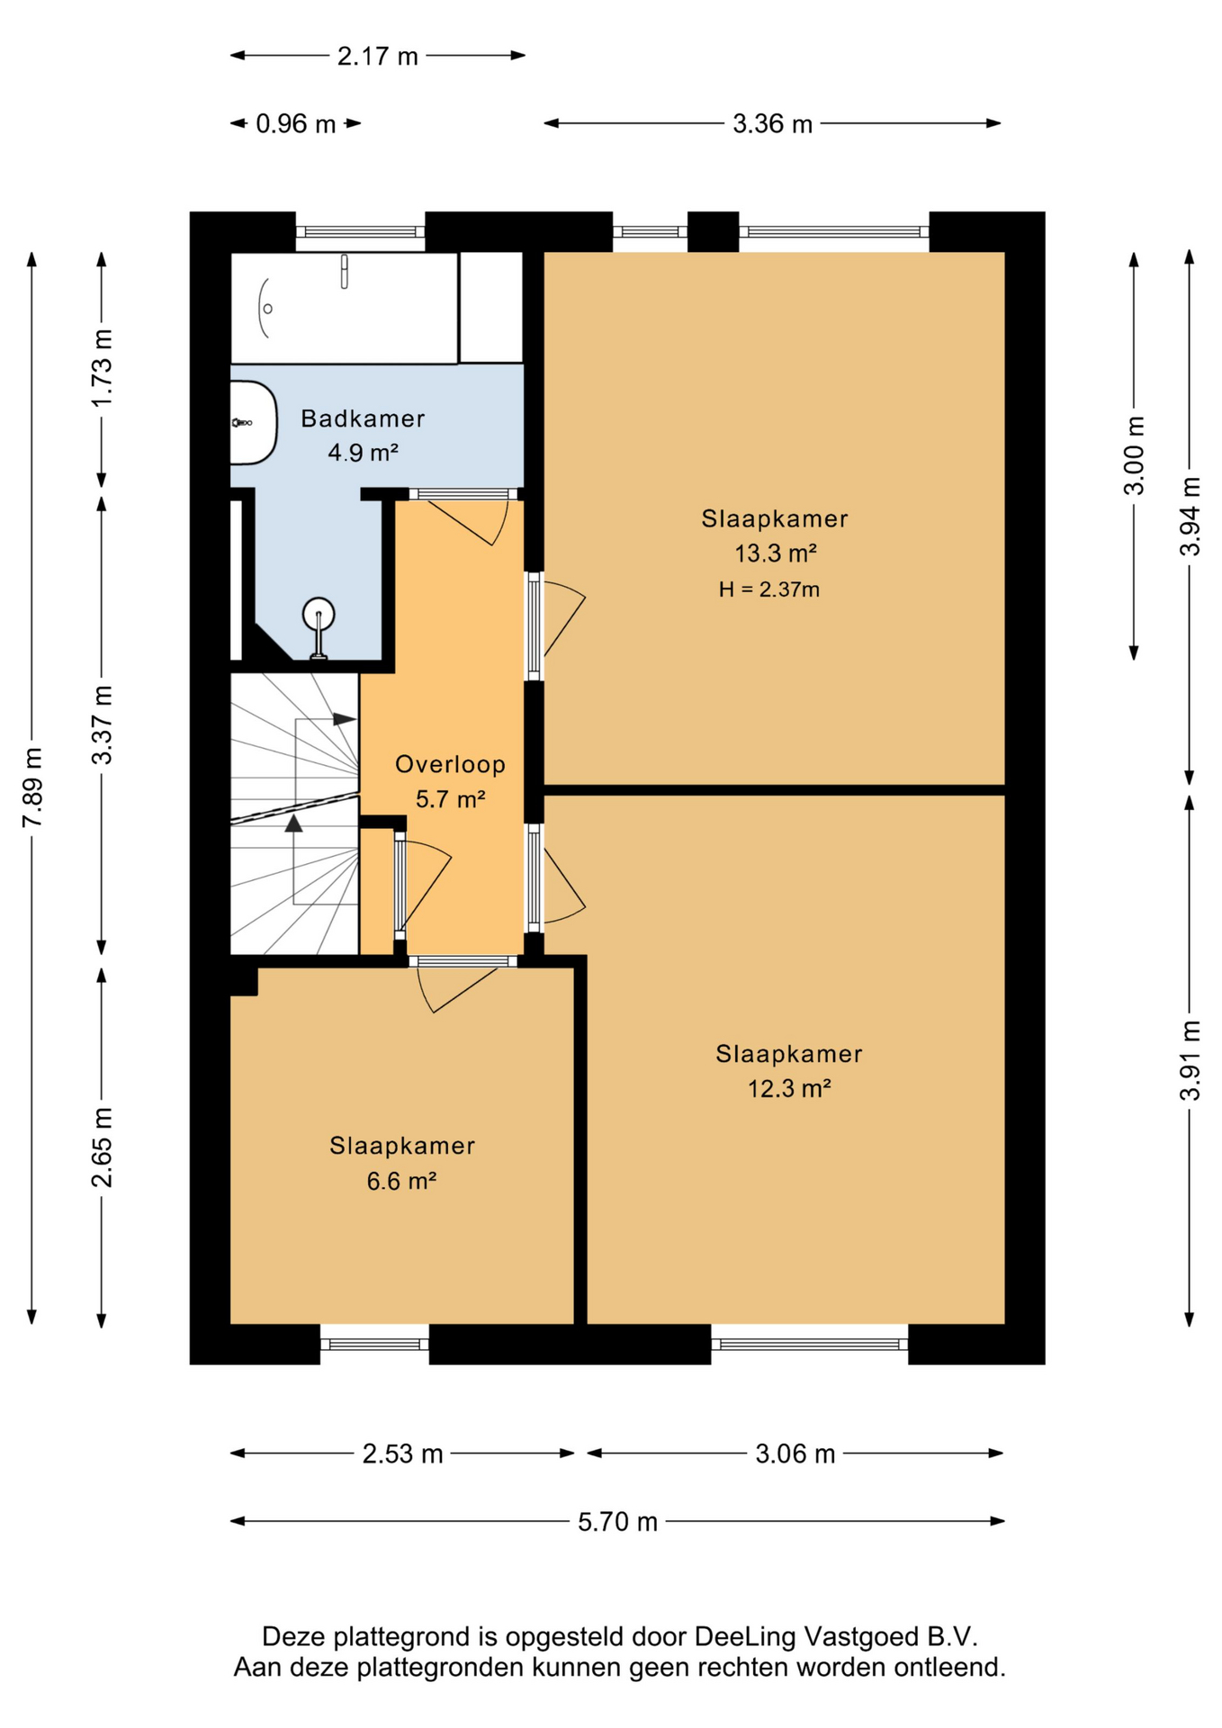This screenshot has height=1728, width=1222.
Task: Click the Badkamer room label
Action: [x=363, y=418]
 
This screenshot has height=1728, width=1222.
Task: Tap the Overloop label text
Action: [x=451, y=765]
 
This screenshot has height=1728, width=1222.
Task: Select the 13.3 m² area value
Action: [x=776, y=553]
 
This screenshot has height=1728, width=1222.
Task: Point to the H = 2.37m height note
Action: [x=769, y=590]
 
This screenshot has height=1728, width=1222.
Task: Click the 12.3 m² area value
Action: [x=789, y=1089]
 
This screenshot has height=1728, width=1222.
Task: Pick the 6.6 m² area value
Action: [x=401, y=1181]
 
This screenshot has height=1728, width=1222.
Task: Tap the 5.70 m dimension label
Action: [x=618, y=1522]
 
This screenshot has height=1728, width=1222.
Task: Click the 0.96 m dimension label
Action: [x=296, y=124]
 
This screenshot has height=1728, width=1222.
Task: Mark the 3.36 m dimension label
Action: [x=773, y=124]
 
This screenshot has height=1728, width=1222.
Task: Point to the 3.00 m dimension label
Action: [x=1135, y=455]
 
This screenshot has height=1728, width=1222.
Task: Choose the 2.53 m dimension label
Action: [x=403, y=1454]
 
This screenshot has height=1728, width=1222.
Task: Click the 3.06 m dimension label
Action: [x=795, y=1454]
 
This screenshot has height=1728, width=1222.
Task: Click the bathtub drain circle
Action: [x=267, y=309]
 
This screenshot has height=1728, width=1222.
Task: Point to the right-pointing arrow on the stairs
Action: [x=345, y=719]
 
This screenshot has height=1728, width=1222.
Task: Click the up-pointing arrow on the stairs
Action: [x=293, y=823]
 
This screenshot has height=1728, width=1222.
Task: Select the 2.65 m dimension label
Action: [x=103, y=1147]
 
